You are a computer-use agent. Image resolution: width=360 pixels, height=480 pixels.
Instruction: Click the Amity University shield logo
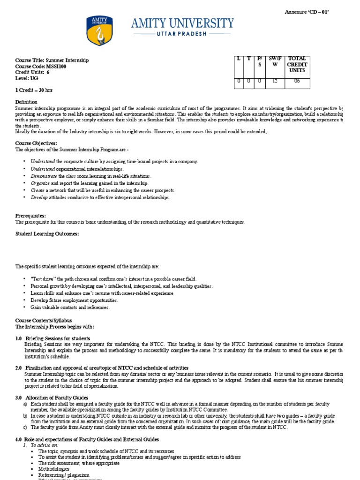(100, 31)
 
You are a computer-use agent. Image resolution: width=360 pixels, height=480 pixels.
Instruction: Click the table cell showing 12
(275, 81)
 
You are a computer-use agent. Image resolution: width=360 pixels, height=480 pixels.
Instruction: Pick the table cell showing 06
(297, 81)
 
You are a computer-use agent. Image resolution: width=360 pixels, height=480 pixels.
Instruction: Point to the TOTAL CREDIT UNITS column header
(297, 64)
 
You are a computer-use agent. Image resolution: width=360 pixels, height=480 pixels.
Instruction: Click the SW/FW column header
(275, 61)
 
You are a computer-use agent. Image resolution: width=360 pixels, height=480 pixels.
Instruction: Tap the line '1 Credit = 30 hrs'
(34, 89)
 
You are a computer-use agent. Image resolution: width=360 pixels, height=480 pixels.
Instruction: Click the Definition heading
(26, 102)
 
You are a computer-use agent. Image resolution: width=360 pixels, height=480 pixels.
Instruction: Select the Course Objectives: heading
(37, 143)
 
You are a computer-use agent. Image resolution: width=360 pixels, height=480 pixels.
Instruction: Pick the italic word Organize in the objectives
(40, 183)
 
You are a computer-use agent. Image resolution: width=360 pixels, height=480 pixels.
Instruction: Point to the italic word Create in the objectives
(38, 190)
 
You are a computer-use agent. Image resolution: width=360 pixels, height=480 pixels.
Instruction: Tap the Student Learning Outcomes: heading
(47, 233)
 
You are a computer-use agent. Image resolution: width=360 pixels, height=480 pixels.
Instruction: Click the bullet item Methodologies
(54, 469)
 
